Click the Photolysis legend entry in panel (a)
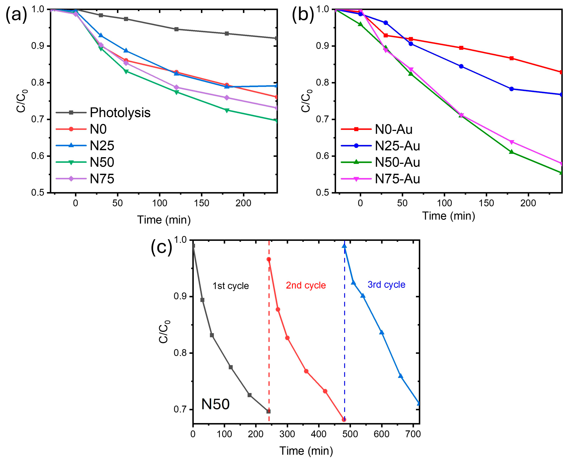pos(120,113)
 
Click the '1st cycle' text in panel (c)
pos(231,286)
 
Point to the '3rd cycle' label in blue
pos(386,284)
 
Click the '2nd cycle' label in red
pos(306,285)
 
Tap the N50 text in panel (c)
pos(215,404)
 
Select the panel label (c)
pos(161,247)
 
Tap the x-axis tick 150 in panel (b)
pos(486,203)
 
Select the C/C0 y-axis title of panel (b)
pos(306,101)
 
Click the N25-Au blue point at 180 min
pos(511,89)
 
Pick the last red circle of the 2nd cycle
pos(344,420)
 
